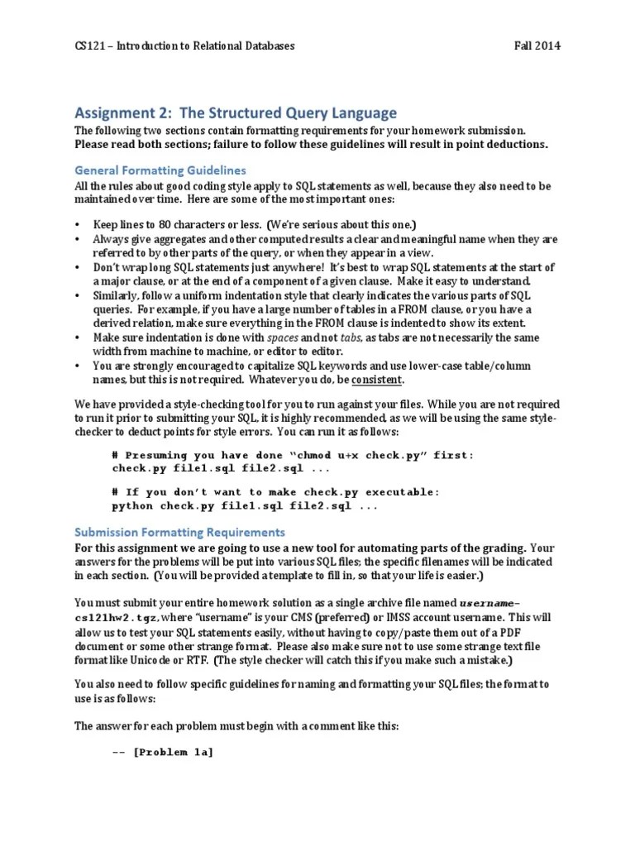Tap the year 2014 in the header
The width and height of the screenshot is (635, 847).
pos(547,46)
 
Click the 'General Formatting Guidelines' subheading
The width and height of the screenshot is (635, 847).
pos(160,170)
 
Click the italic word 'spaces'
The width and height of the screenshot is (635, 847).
pos(283,337)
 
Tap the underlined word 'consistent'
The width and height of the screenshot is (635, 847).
pos(378,379)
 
